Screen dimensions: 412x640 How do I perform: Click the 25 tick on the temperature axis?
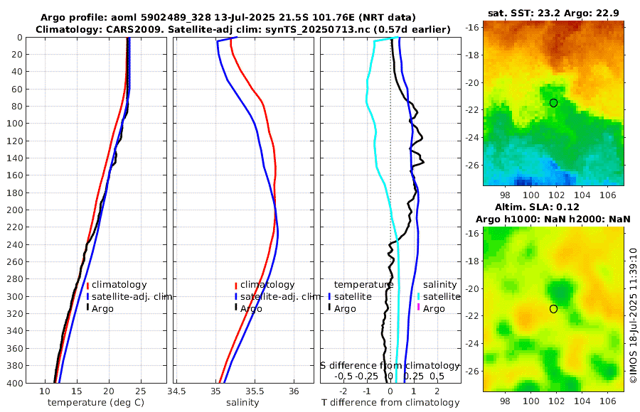[140, 391]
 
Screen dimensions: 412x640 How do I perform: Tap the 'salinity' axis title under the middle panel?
[242, 403]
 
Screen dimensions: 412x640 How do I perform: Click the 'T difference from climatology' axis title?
[390, 403]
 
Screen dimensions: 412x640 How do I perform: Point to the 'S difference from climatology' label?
[390, 364]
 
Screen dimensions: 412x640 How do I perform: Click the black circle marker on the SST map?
[553, 103]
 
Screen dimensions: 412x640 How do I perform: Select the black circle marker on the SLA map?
[553, 309]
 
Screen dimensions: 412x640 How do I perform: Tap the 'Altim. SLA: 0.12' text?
[554, 207]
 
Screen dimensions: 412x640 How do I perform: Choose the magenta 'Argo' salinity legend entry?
[433, 308]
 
